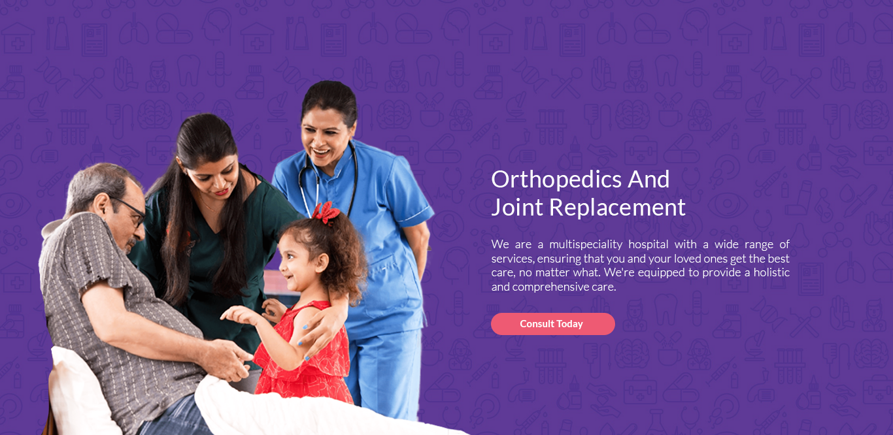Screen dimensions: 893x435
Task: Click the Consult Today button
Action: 552,324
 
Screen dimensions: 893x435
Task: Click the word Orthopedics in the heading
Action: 556,180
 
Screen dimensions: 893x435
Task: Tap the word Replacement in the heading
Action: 617,207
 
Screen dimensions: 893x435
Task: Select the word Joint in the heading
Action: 518,208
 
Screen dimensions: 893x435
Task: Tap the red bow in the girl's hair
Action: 326,213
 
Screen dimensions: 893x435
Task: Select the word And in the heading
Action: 649,180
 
